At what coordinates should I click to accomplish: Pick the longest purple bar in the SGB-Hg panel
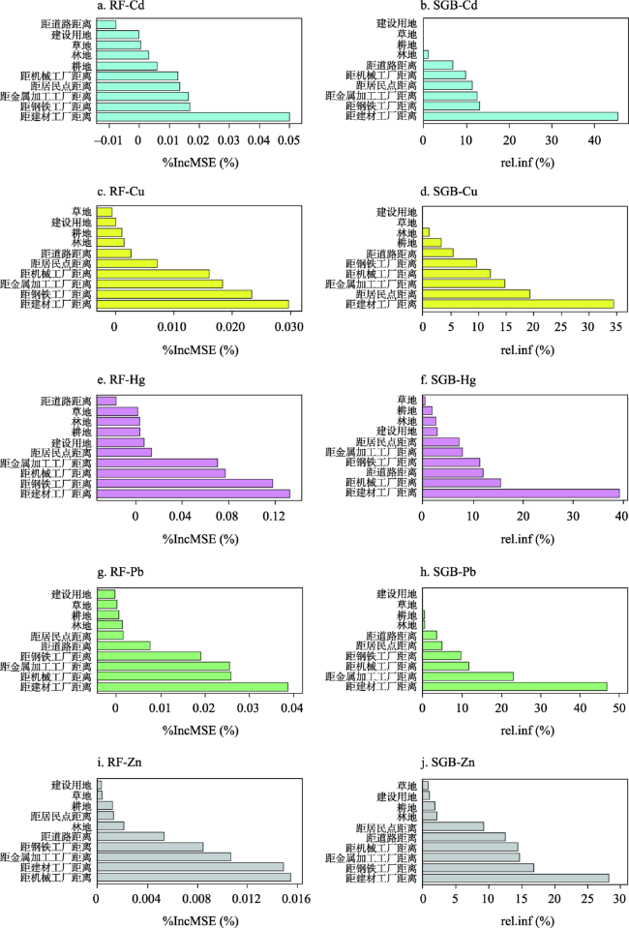coord(521,494)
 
